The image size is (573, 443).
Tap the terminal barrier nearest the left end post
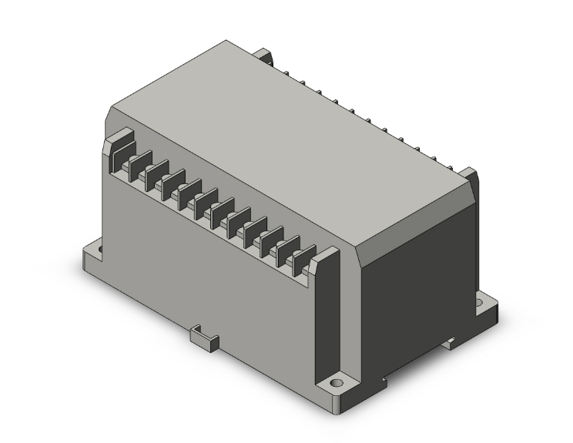pyautogui.click(x=137, y=166)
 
